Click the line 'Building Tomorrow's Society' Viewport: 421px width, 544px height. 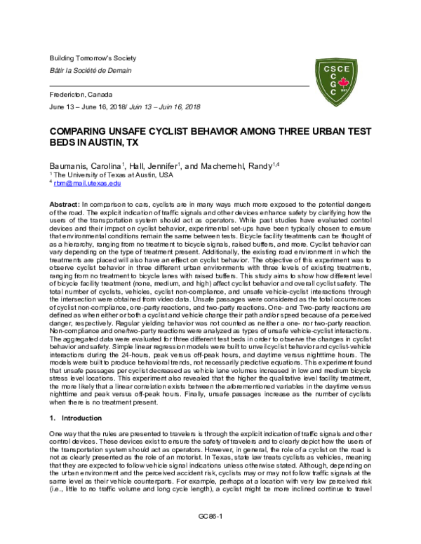(92, 57)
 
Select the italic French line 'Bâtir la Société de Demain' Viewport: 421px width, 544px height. (89, 69)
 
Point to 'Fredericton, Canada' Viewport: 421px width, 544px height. (80, 94)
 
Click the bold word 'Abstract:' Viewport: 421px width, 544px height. (64, 201)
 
